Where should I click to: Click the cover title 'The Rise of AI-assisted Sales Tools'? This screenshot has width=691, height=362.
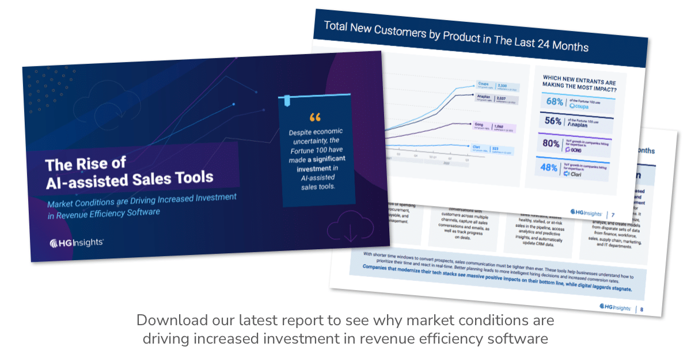tap(129, 171)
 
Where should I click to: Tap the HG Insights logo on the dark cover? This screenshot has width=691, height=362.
tap(77, 243)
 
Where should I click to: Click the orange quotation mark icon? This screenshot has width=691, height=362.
tap(314, 117)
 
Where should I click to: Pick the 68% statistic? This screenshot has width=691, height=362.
tap(554, 102)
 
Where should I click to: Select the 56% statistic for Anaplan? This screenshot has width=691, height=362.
tap(553, 121)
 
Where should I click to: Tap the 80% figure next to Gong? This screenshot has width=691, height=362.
tap(551, 144)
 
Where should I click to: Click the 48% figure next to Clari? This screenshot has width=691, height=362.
tap(549, 167)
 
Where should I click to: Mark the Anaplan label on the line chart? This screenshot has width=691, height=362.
tap(483, 98)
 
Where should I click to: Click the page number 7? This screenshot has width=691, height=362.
tap(613, 215)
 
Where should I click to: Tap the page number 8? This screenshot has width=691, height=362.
tap(641, 310)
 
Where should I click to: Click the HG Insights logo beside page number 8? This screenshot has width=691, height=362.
tap(615, 307)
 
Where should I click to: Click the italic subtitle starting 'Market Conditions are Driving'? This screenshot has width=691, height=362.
tap(141, 205)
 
